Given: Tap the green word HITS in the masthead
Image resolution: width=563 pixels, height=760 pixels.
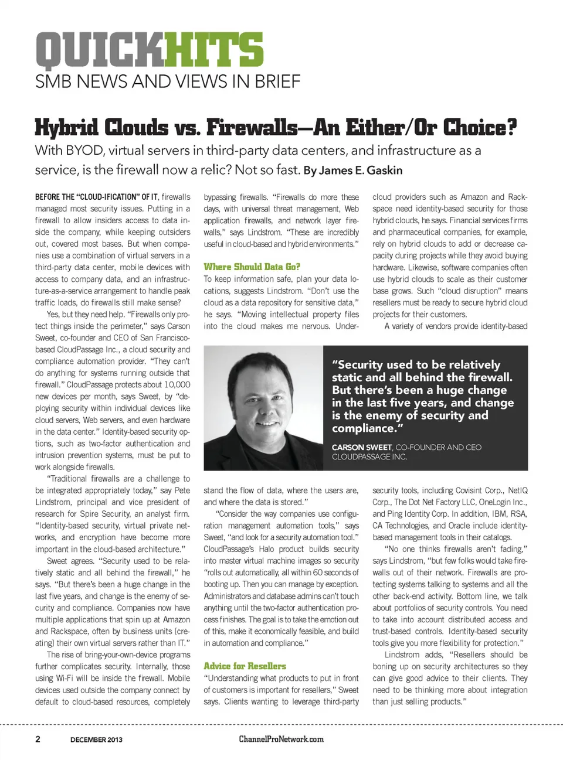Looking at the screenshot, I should (214, 50).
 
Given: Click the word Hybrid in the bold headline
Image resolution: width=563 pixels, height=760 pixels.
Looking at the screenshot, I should (67, 127).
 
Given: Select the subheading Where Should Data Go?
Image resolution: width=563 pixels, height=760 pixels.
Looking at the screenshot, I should (252, 267).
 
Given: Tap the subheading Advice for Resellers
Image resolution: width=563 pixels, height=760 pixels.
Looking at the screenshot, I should (245, 666).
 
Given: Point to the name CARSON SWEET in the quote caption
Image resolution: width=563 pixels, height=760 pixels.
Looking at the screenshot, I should (361, 447).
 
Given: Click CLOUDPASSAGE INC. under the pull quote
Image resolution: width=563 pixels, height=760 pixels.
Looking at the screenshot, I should (369, 457).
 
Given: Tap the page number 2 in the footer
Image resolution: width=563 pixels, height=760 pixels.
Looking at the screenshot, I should (38, 739).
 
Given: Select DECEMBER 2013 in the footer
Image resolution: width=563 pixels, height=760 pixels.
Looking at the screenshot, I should (96, 739).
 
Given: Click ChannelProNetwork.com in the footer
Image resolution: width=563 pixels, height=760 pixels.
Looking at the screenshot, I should (281, 739).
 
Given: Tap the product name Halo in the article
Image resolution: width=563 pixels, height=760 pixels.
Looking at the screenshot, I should (266, 549).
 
